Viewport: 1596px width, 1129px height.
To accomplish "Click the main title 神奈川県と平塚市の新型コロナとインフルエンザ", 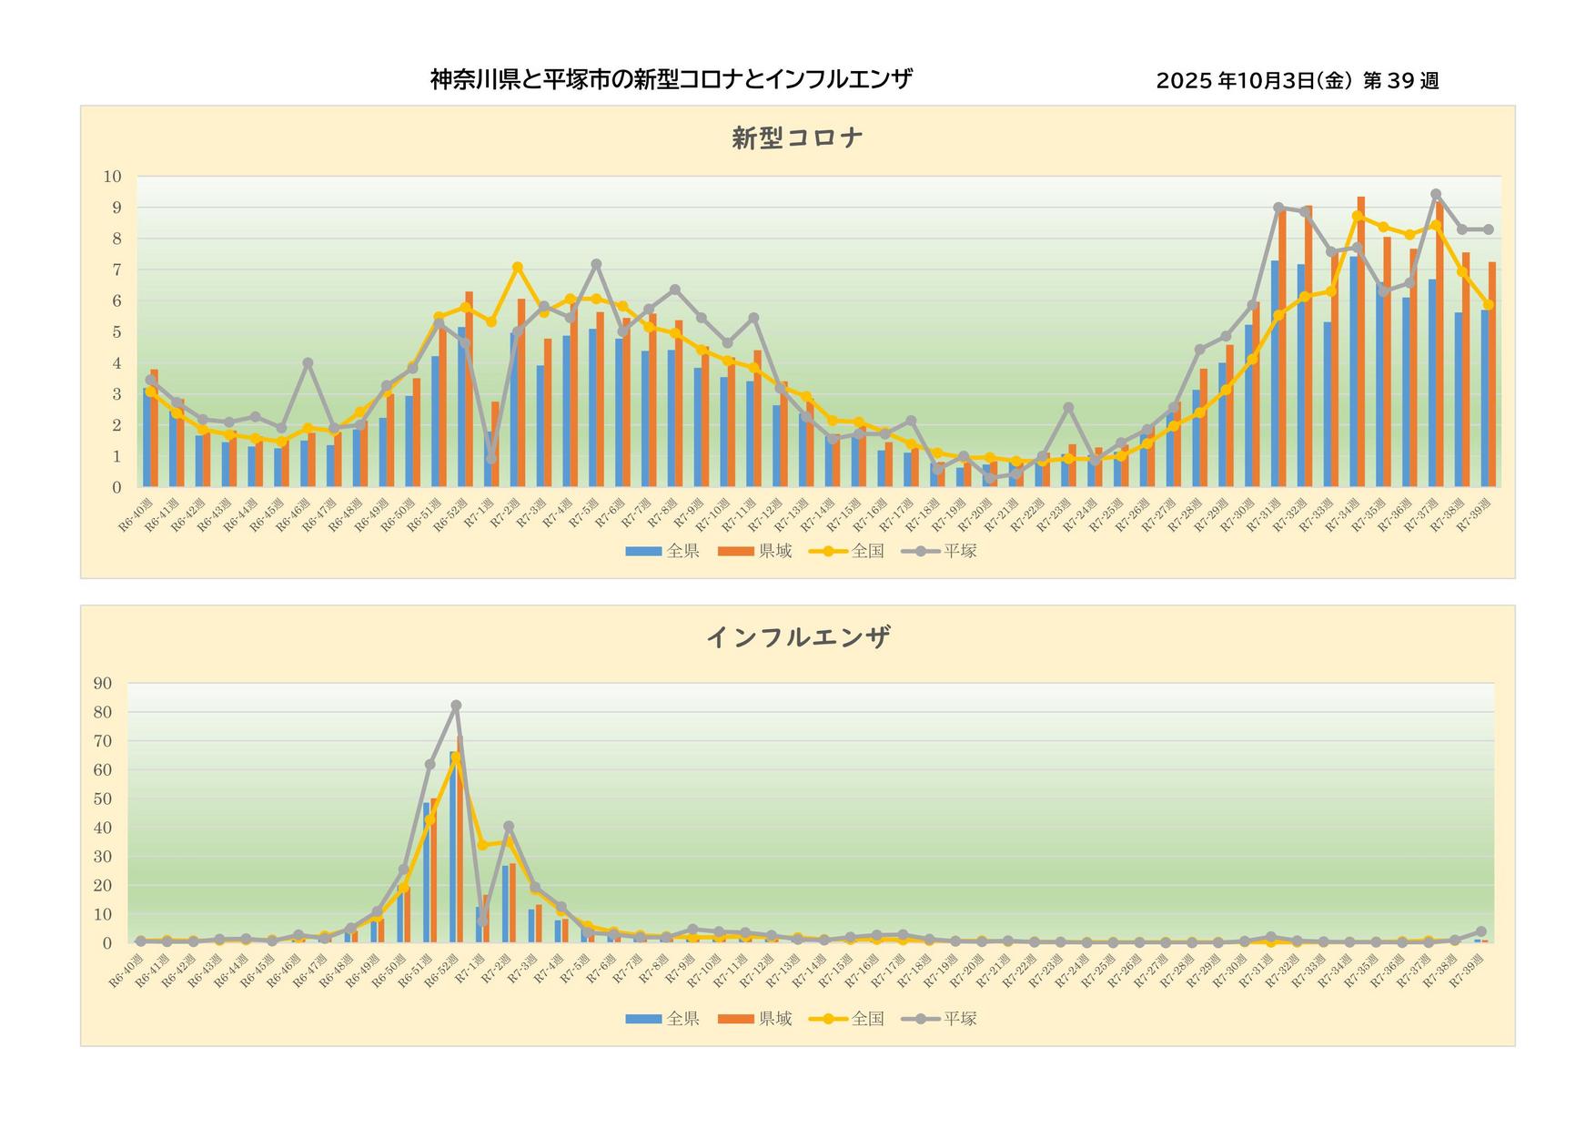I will click(x=671, y=80).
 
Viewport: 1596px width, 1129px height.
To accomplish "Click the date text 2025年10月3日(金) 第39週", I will click(x=1297, y=81).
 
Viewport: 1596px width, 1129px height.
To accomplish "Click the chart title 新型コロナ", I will click(x=797, y=138).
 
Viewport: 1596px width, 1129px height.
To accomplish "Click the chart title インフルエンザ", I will click(x=797, y=637).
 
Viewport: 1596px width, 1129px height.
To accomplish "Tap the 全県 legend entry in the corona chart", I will click(x=662, y=551).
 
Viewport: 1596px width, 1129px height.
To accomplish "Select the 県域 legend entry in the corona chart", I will click(x=755, y=551).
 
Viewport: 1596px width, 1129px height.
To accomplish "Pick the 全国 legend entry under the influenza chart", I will click(x=848, y=1019).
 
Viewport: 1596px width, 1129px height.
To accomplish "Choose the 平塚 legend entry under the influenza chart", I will click(x=940, y=1019).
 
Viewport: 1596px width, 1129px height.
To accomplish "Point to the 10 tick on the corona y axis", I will click(x=113, y=177).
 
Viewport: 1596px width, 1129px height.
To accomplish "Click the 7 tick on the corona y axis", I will click(x=116, y=270).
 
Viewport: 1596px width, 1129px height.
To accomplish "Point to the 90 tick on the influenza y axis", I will click(x=103, y=684).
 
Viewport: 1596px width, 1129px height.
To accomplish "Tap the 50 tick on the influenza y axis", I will click(x=103, y=799).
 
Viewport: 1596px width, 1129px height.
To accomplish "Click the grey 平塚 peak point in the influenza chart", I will click(x=456, y=706).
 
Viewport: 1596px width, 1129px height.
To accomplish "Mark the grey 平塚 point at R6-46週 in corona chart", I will click(x=308, y=363).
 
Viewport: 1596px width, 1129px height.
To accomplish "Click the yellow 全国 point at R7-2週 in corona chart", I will click(x=518, y=268).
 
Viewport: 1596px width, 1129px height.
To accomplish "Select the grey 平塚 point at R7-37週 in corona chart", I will click(x=1436, y=194).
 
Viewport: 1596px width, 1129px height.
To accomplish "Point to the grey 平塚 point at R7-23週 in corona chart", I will click(x=1068, y=408).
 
